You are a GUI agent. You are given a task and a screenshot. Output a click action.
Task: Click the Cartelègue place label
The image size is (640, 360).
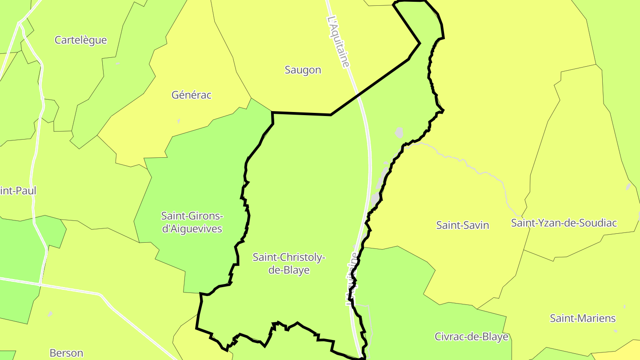80,40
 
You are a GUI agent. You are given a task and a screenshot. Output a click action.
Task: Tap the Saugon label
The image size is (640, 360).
303,70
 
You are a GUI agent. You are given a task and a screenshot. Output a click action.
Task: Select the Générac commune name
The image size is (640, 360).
192,95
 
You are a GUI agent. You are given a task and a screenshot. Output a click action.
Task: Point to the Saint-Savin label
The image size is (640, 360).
462,225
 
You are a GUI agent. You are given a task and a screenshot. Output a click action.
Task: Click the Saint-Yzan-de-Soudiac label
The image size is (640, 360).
564,223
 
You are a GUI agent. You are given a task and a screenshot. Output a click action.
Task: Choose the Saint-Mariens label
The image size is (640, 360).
583,318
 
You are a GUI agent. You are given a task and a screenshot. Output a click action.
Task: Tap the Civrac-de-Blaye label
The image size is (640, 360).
471,336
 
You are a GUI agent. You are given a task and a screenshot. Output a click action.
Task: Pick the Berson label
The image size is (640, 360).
66,353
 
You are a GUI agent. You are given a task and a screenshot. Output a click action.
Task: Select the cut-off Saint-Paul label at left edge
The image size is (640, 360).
18,191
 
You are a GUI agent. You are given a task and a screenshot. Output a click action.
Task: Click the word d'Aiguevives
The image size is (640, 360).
192,229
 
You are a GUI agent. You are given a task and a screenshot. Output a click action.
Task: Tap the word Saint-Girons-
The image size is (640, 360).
192,216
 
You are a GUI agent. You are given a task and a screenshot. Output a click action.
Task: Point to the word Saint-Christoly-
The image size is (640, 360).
289,257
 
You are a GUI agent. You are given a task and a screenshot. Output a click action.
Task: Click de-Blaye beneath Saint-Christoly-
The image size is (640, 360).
289,270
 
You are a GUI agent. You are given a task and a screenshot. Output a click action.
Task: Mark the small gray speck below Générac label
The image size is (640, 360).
179,121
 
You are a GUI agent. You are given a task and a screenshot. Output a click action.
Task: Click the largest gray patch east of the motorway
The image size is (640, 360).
399,132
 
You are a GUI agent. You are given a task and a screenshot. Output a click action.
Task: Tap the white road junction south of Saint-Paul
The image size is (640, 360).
40,284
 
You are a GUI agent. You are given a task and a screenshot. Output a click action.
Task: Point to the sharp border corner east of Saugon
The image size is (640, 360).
420,43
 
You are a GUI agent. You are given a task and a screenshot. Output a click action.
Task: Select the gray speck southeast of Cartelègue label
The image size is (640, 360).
118,64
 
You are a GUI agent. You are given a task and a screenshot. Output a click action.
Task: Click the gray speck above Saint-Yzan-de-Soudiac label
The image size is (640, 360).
628,187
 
